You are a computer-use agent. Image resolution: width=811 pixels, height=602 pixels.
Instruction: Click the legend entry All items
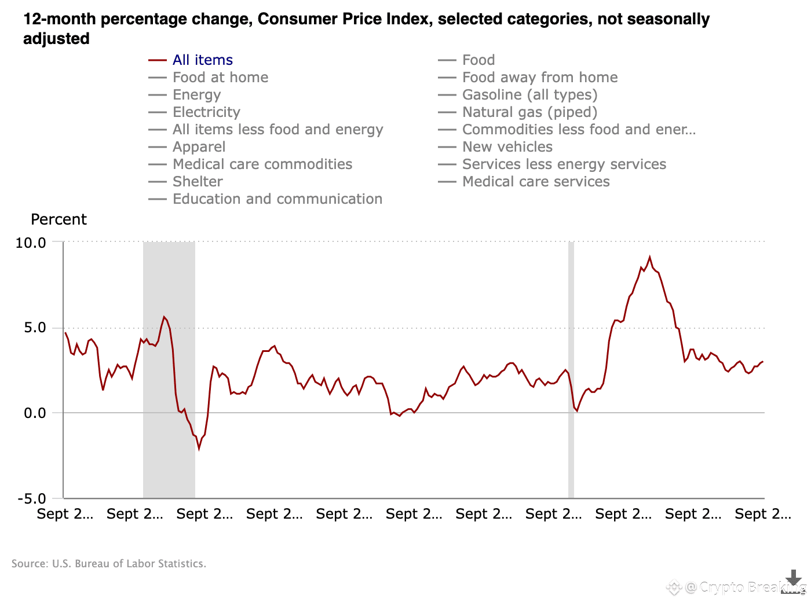[202, 60]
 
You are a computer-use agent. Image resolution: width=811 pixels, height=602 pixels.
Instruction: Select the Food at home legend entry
[220, 78]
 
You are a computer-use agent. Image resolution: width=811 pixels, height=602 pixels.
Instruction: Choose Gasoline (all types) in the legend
[529, 95]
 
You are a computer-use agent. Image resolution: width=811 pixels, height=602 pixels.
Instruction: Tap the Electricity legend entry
[206, 112]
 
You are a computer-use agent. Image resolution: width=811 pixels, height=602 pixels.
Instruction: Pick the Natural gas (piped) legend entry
[529, 112]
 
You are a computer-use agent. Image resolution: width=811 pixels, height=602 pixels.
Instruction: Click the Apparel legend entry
[199, 147]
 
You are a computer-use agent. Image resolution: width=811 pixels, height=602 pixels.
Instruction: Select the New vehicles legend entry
[507, 147]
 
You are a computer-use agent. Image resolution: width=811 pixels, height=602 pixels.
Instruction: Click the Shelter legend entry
[198, 182]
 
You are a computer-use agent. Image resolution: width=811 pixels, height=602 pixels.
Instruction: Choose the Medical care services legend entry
[536, 182]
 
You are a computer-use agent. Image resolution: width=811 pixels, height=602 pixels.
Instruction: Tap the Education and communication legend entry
[277, 199]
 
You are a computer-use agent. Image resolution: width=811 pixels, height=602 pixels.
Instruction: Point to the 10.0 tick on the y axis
[31, 243]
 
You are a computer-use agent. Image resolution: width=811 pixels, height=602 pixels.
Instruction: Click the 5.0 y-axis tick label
[35, 328]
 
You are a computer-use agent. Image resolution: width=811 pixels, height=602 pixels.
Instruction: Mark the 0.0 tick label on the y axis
[35, 413]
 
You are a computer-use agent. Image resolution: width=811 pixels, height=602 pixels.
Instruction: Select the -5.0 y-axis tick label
[32, 499]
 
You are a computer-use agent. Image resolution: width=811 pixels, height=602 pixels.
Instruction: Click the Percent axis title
[59, 220]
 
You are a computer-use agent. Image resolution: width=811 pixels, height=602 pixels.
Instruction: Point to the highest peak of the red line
[649, 257]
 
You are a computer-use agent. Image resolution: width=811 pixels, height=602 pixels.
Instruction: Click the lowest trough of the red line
[199, 449]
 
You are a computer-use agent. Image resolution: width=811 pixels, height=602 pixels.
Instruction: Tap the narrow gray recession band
[571, 370]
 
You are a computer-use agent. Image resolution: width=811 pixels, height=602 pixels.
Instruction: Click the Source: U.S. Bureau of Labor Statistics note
[109, 564]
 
